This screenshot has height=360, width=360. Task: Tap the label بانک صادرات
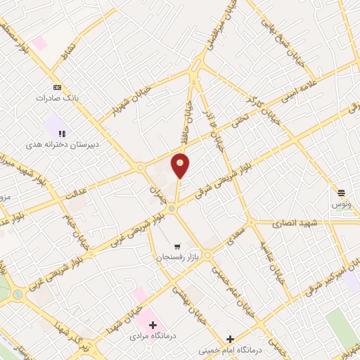coord(58,98)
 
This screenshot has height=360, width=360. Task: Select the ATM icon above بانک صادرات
coord(58,87)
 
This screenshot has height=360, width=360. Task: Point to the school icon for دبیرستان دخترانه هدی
coord(62,132)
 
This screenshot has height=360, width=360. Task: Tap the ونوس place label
coord(341,202)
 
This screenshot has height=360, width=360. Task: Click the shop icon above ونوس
coord(341,192)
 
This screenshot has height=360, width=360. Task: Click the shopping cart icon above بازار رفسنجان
coord(177,247)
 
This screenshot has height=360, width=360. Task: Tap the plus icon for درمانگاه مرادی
coord(153,326)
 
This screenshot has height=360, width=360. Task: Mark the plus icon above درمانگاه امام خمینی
coord(230,338)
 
